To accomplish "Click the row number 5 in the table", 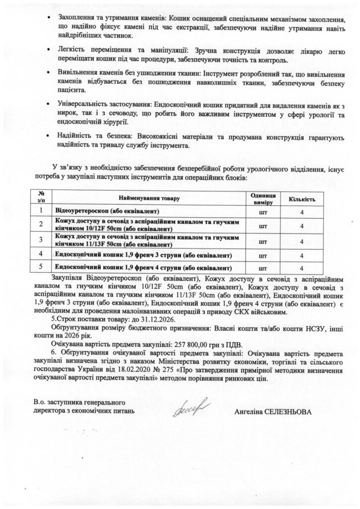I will [42, 268].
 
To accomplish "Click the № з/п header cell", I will [42, 198].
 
